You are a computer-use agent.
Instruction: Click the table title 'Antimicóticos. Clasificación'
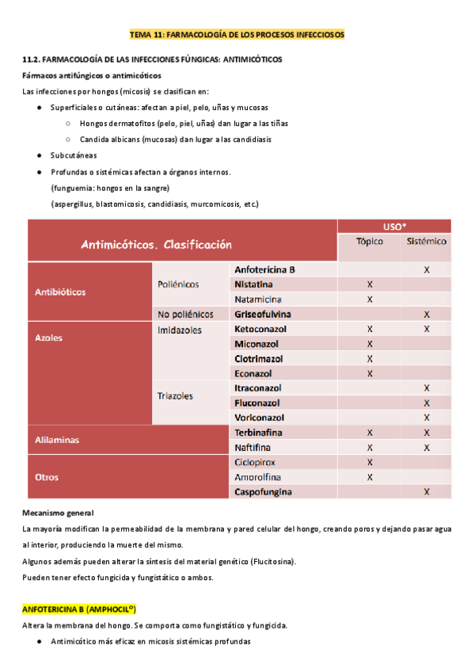click(156, 245)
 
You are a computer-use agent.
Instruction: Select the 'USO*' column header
click(393, 226)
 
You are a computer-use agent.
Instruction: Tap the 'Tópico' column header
click(370, 242)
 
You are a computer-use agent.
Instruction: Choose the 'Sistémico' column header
click(426, 242)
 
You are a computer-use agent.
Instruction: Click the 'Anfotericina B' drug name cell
click(264, 269)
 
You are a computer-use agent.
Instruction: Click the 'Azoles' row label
click(48, 337)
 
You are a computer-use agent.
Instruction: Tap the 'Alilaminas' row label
click(57, 439)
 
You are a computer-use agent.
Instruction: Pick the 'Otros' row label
click(47, 477)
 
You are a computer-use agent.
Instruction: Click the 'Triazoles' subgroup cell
click(175, 395)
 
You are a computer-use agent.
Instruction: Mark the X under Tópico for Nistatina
click(370, 284)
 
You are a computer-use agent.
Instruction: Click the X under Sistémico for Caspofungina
click(427, 492)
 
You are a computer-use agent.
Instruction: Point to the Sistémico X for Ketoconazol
click(427, 329)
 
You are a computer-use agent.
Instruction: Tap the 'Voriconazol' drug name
click(260, 418)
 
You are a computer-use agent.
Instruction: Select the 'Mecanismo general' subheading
click(59, 513)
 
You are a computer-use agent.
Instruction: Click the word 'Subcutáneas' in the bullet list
click(74, 155)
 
